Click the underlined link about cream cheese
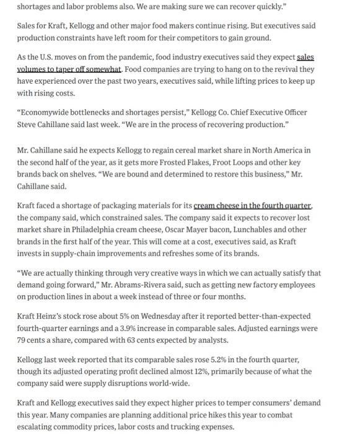(x=253, y=206)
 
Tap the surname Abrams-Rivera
(x=205, y=273)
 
